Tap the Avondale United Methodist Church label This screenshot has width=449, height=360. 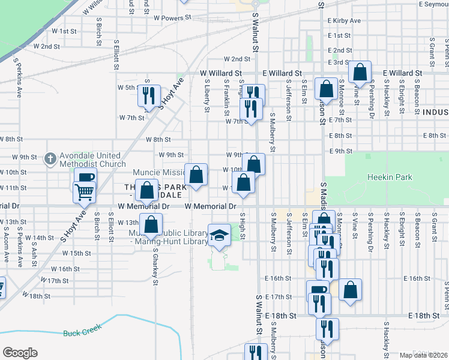point(88,159)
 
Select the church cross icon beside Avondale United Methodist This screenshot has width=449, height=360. point(50,158)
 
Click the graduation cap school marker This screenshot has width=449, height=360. point(219,235)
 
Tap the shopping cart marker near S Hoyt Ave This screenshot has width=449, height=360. point(84,192)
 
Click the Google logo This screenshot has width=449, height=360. point(20,353)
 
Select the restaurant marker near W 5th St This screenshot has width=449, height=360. point(149,95)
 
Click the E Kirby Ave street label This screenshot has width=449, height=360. point(344,20)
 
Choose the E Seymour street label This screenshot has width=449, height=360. point(435,4)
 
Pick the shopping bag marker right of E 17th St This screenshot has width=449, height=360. point(350,290)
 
